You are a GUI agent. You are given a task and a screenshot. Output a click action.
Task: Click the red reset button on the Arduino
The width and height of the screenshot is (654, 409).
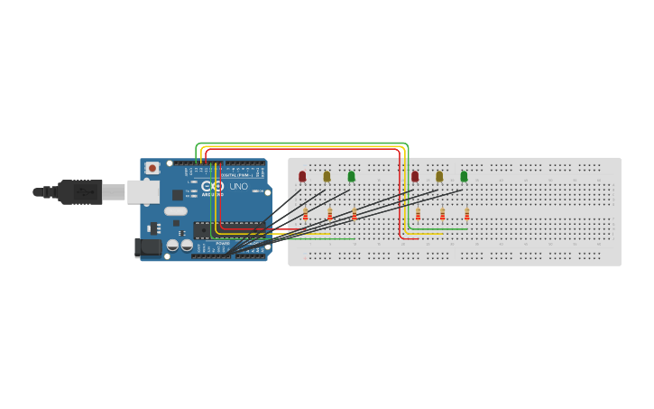(x=152, y=168)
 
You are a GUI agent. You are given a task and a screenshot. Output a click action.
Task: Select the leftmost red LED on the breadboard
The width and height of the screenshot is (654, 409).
(x=302, y=176)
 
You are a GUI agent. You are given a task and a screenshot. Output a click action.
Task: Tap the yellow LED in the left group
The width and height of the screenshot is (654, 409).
(x=327, y=176)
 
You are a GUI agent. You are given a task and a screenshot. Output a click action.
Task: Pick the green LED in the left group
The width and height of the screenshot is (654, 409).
(x=351, y=176)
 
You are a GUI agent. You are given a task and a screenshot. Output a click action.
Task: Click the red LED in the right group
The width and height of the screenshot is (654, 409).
(x=415, y=176)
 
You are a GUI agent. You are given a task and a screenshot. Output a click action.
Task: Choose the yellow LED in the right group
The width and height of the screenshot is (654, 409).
(x=439, y=176)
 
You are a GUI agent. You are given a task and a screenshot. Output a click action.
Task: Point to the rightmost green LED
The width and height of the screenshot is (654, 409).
(x=464, y=176)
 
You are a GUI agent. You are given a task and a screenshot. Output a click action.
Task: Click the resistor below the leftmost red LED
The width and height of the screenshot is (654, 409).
(x=305, y=214)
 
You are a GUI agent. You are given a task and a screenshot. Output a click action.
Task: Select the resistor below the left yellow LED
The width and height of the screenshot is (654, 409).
(x=329, y=214)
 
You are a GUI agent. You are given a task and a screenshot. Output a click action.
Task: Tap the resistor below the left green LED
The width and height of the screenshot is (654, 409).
(x=354, y=214)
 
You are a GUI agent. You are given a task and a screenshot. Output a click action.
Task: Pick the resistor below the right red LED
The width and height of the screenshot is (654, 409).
(x=418, y=214)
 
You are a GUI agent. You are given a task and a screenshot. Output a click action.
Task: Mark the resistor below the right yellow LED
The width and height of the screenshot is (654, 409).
(x=442, y=214)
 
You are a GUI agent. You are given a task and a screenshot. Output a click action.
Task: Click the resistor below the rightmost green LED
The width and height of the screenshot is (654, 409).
(x=466, y=214)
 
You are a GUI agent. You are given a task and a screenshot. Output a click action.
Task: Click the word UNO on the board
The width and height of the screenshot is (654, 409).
(x=238, y=186)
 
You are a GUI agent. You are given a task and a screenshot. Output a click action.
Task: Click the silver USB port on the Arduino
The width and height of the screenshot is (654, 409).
(x=142, y=191)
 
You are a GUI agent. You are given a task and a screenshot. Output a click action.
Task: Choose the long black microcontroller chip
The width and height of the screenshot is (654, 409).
(x=229, y=228)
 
